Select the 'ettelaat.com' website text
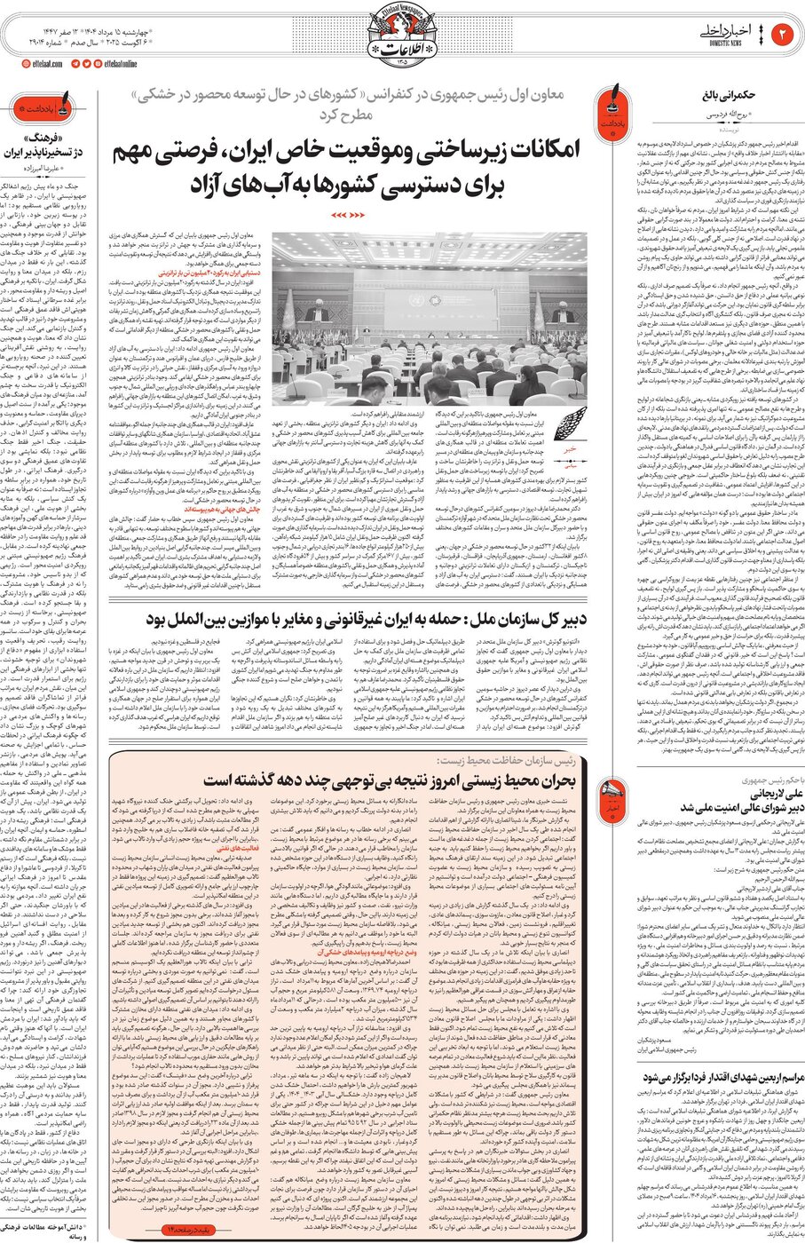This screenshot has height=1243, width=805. tap(45, 64)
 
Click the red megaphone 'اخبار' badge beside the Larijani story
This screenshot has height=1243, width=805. tap(612, 791)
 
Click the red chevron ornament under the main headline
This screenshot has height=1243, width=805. tap(354, 215)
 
